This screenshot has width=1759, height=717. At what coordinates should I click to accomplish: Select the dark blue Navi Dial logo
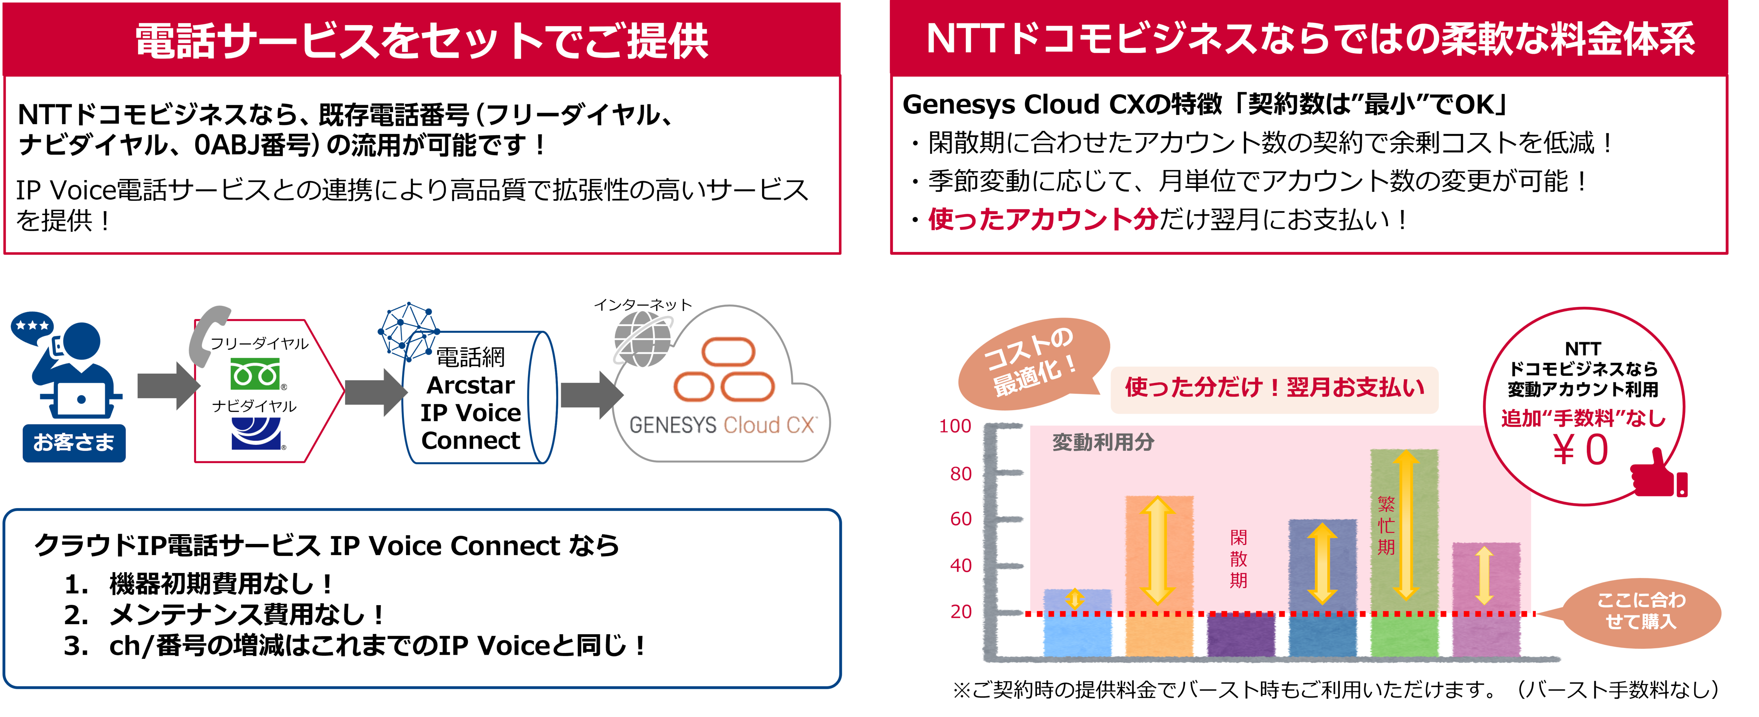click(258, 433)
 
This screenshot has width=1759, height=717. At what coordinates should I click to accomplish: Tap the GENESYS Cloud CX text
click(722, 425)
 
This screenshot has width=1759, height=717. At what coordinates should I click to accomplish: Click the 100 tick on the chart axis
click(955, 426)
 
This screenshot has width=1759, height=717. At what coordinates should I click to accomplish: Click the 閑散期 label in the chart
click(1239, 559)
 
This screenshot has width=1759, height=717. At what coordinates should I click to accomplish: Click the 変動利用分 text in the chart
click(1103, 443)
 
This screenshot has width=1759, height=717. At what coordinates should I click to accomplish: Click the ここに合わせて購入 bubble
click(1641, 611)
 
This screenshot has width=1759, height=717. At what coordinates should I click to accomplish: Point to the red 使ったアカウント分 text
click(1043, 219)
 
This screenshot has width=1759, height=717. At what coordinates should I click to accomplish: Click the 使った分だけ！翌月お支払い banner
click(1274, 388)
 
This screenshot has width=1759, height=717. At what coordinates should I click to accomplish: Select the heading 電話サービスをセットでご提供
click(421, 40)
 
